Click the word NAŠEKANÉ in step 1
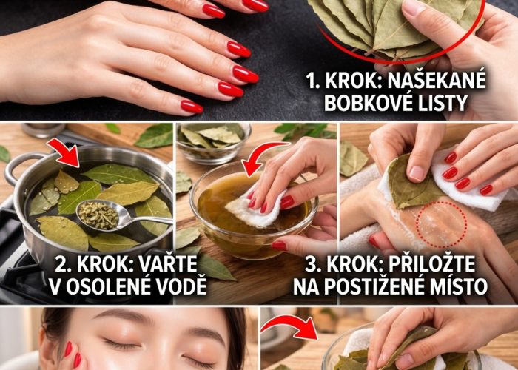(437, 81)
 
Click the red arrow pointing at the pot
(64, 152)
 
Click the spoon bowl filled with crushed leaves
(98, 215)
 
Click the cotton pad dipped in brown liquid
(255, 209)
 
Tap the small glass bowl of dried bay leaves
(214, 143)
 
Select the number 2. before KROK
(62, 264)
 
